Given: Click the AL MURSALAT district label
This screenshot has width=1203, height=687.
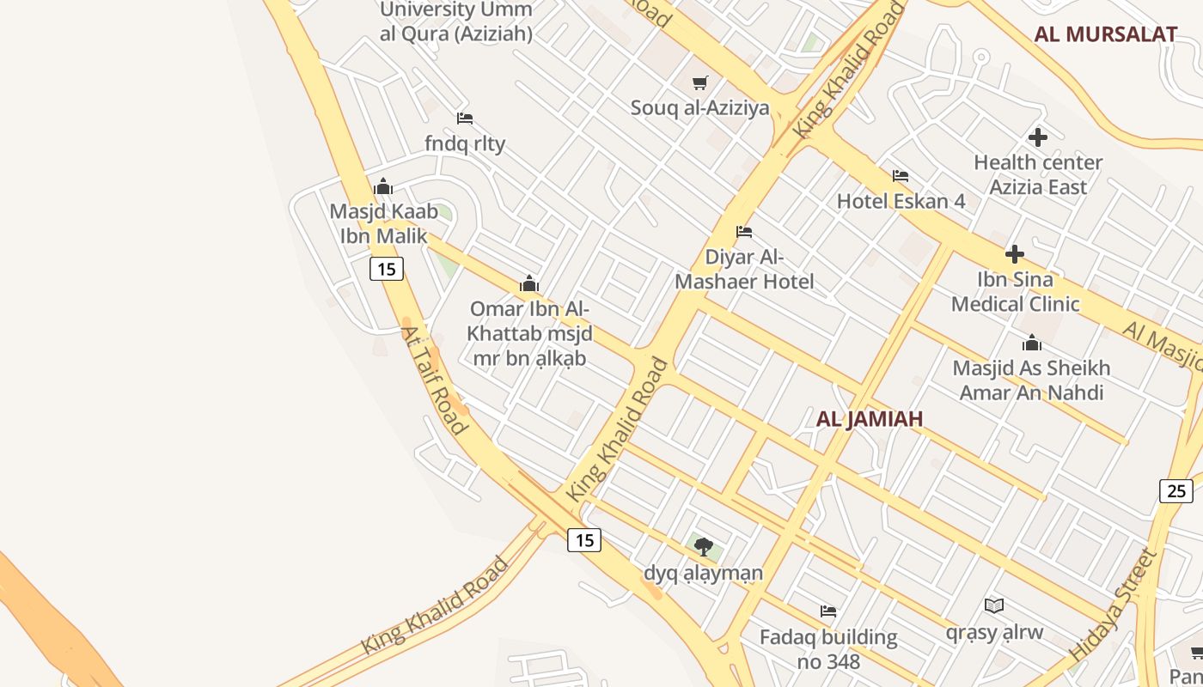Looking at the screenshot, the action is pos(1105,34).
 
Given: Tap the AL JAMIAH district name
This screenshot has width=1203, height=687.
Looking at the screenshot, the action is pos(870,418).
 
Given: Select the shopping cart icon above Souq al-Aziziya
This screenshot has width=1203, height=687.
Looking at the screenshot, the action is pos(700,83).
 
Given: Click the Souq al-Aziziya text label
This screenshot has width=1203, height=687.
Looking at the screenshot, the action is pos(699,108).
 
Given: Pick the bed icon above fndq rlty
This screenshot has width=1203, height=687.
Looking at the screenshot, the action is pos(465,119).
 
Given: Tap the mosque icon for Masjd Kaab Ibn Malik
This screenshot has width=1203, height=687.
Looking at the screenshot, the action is pos(383,186).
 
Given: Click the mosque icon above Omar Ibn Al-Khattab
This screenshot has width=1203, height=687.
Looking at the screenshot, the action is pos(528,283).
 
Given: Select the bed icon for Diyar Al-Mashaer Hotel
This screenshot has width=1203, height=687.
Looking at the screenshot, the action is pos(744,232).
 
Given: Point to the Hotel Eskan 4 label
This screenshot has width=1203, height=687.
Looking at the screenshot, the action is pos(901,201).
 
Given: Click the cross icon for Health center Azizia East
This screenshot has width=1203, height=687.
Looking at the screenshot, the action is pos(1038,137).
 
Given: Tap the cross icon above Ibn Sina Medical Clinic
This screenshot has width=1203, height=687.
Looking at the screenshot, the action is pos(1015,254).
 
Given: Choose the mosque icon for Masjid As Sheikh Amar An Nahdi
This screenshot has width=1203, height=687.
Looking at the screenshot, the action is pos(1032,343).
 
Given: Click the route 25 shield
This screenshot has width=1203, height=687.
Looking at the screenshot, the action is pos(1176,490).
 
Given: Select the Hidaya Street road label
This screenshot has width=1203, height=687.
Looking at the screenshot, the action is pos(1114,605).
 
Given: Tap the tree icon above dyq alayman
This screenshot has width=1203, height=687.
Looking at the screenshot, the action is pos(704,546).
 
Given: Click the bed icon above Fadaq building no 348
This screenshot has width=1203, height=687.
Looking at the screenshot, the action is pos(828,611).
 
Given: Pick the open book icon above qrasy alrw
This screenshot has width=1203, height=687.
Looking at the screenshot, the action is pos(994,606).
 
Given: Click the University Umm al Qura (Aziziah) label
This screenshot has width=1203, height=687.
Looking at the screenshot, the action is pos(456,21).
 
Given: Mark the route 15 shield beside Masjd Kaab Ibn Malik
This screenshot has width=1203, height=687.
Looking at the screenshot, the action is pos(387,269).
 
